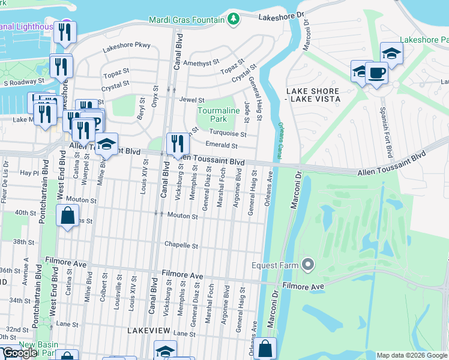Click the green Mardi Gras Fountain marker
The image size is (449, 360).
tap(234, 20)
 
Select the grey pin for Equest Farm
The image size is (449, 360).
tap(308, 264)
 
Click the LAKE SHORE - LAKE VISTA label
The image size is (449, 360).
tap(313, 94)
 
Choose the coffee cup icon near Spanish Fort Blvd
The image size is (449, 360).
tap(376, 73)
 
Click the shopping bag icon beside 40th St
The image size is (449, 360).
tap(68, 215)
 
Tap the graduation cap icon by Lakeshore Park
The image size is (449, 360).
tap(391, 55)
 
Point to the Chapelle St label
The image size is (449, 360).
tap(181, 245)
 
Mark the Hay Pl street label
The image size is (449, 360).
tap(29, 172)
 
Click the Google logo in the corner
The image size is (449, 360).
tap(20, 353)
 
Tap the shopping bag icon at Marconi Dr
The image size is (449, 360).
tap(265, 348)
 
